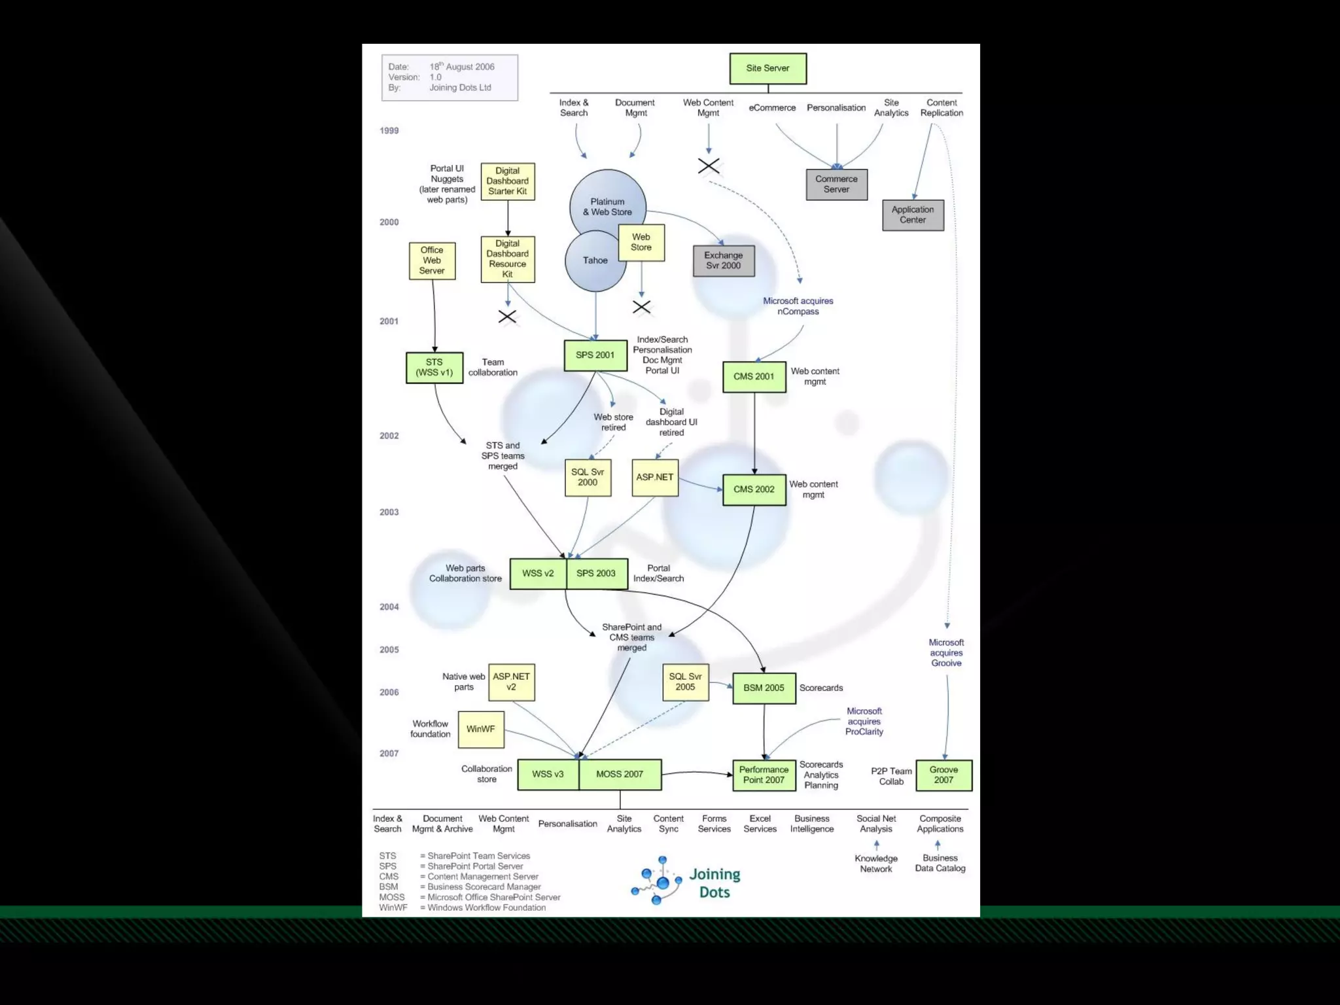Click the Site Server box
coord(767,68)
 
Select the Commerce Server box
coord(836,184)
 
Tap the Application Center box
coord(913,215)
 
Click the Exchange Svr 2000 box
coord(723,260)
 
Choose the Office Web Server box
coord(432,260)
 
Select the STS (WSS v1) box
coord(434,367)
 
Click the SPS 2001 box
coord(595,355)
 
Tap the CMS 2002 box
coord(754,489)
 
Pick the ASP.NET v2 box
coord(511,682)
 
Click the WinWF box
coord(481,729)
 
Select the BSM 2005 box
coord(764,688)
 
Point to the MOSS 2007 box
coord(620,774)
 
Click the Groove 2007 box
coord(943,775)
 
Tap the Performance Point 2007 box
coord(764,775)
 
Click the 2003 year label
coord(389,512)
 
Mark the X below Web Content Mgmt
coord(709,166)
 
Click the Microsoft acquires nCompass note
coord(798,306)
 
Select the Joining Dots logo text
coord(714,883)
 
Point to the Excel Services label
coord(760,824)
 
